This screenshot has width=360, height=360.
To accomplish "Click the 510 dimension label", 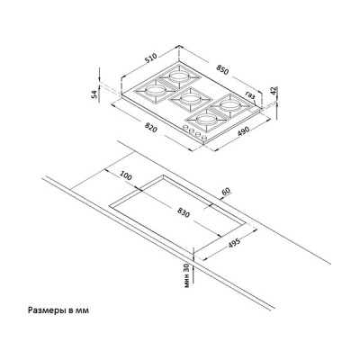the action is coord(151,58).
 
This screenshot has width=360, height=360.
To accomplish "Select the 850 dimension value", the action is coord(222,70).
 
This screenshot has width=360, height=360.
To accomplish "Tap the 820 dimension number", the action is coord(150,128).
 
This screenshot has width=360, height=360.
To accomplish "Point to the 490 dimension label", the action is coord(244,131).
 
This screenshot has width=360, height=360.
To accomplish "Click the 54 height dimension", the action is coord(94,94).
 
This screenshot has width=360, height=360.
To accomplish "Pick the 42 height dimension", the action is coord(273,91).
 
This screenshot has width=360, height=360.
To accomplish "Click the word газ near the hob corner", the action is coord(250,94).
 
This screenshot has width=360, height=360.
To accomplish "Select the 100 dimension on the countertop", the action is coord(126,175).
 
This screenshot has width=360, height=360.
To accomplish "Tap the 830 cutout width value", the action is coord(183,212).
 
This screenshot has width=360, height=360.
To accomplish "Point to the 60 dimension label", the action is coord(226,191).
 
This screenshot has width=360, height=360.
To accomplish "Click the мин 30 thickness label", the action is coord(187,275).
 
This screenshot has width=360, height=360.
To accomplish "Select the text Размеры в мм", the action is coord(58,310).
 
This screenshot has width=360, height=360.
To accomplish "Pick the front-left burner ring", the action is coord(155,89).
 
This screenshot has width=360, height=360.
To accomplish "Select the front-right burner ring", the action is coord(206,120).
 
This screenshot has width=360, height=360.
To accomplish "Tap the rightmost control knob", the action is coord(204,139).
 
